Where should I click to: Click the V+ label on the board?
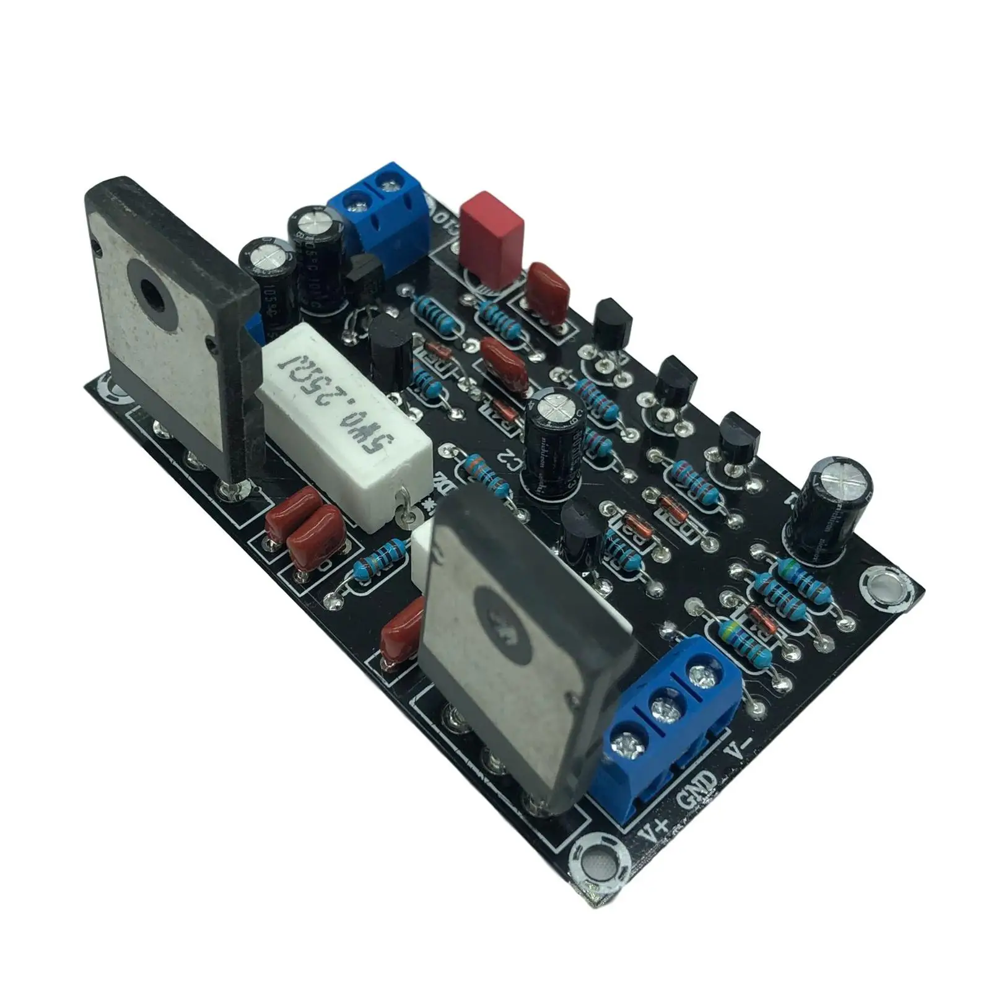(654, 826)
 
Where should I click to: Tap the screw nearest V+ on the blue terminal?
(627, 745)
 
